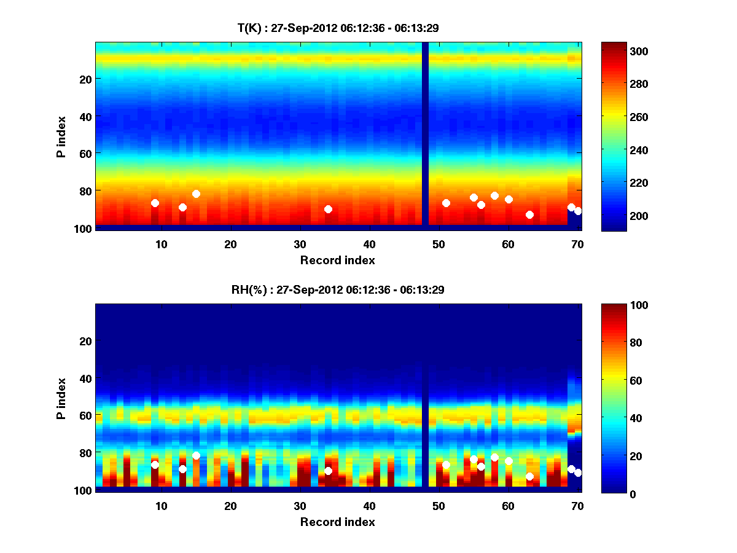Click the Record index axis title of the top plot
(x=337, y=260)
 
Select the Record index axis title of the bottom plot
(x=337, y=522)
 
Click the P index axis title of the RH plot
(x=61, y=398)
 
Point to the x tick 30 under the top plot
(x=300, y=244)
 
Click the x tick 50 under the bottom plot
(x=439, y=506)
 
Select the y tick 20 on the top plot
(x=85, y=79)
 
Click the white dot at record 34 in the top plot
(x=328, y=209)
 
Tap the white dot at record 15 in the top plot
(x=196, y=194)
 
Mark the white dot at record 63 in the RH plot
(x=529, y=476)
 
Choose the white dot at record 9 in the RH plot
(x=155, y=465)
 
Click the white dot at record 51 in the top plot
(x=446, y=203)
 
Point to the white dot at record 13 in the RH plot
(x=182, y=469)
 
